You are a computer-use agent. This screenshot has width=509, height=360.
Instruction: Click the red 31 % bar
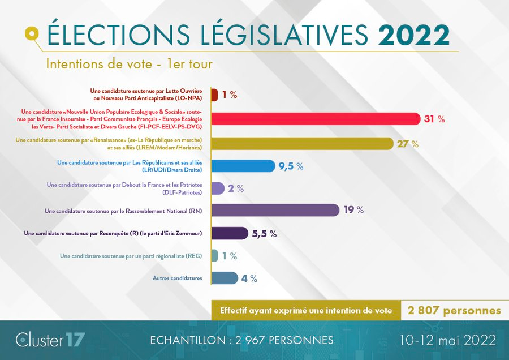(x=316, y=119)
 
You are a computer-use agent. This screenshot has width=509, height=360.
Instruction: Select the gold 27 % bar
(x=302, y=144)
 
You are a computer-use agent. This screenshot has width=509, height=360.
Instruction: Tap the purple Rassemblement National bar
(x=275, y=211)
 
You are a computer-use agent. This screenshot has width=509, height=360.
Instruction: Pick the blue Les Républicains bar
(x=243, y=166)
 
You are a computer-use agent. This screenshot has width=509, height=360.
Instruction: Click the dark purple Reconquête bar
(x=229, y=233)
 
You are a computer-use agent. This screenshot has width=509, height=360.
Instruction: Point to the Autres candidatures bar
(x=224, y=278)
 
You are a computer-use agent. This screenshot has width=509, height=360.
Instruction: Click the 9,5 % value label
(x=291, y=166)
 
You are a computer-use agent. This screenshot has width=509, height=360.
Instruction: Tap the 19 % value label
(x=353, y=211)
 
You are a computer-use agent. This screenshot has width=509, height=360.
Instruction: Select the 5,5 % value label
(x=264, y=234)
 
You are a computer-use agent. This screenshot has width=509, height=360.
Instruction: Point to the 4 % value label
(x=249, y=278)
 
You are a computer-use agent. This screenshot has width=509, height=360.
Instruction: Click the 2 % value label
(x=236, y=188)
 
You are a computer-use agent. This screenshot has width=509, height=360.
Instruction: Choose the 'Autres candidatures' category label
(x=177, y=278)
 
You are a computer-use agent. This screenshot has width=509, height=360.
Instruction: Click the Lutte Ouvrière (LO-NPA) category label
(x=146, y=94)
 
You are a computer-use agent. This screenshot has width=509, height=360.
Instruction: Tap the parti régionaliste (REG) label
(x=131, y=256)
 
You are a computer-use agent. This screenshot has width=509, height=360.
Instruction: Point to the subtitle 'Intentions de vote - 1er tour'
(x=130, y=63)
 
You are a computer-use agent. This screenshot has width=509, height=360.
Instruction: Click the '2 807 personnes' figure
(x=454, y=311)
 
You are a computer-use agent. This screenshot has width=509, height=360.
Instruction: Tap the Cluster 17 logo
(x=50, y=340)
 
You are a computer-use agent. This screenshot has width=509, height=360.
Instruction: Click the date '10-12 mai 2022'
(x=446, y=340)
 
